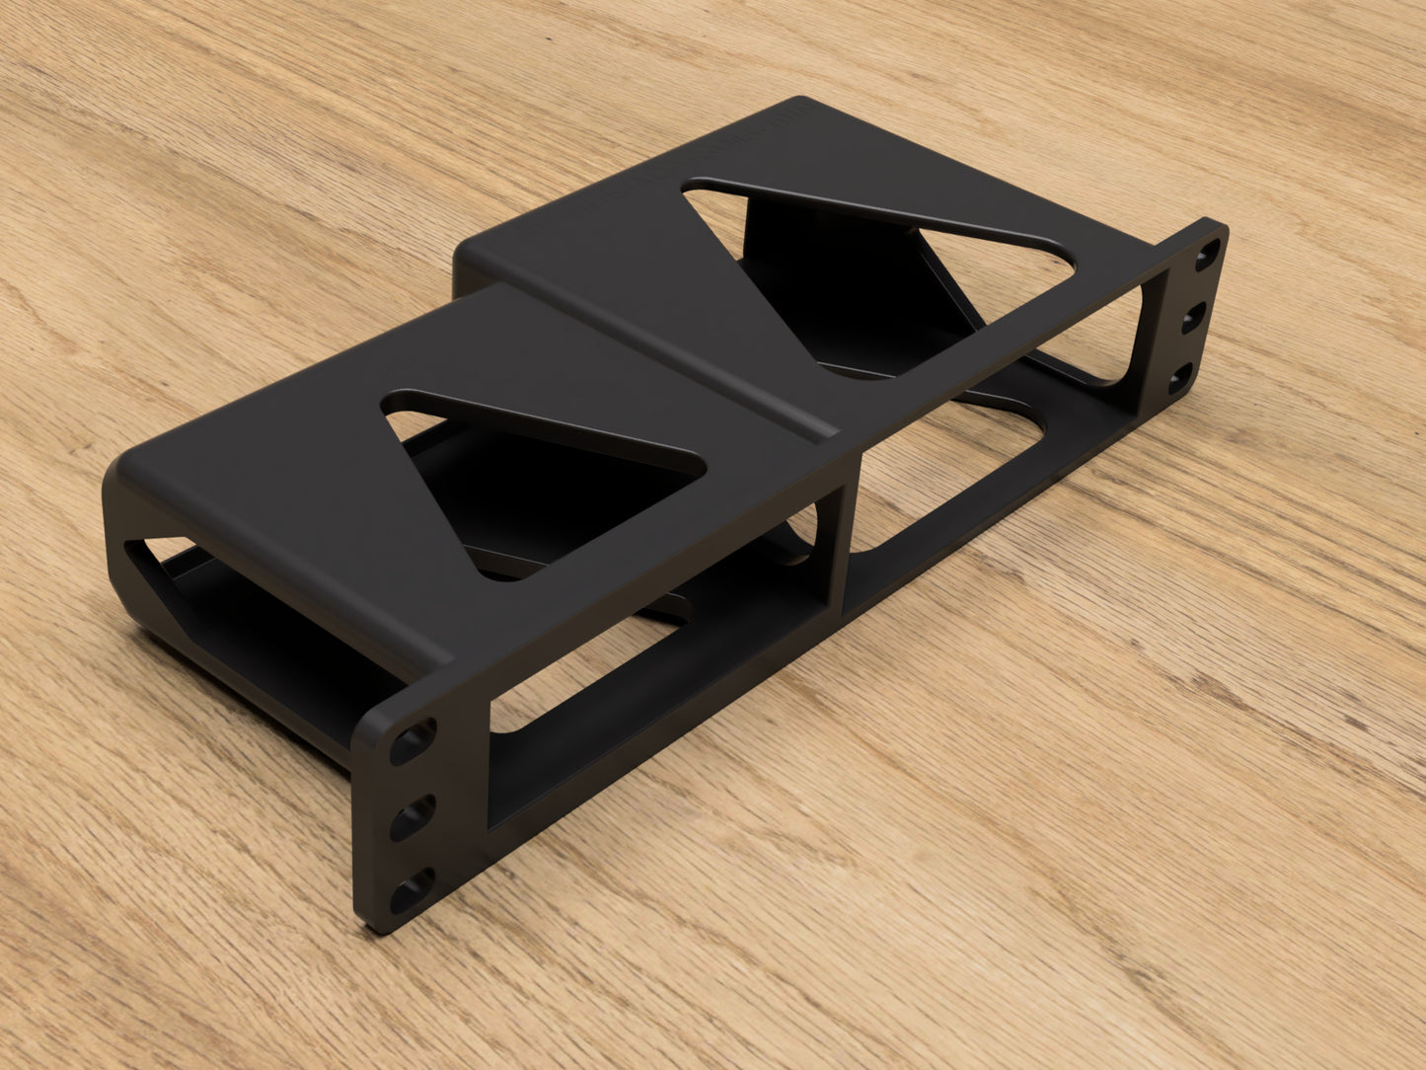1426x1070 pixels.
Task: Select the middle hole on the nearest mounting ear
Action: tap(413, 817)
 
